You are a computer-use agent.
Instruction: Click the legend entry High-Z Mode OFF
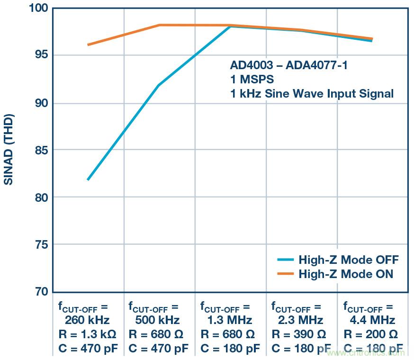click(348, 260)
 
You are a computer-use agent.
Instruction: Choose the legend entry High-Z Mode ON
click(346, 274)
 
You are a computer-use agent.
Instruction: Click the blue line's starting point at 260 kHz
click(88, 180)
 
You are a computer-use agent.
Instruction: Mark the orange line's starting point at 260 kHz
click(88, 45)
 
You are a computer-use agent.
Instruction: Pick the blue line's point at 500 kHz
click(159, 85)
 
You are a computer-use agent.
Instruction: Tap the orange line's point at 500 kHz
click(159, 25)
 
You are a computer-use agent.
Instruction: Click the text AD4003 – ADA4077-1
click(289, 65)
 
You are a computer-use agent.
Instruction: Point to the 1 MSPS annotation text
click(252, 79)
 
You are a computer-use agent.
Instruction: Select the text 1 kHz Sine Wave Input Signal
click(312, 93)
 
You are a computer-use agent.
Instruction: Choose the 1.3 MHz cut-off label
click(230, 320)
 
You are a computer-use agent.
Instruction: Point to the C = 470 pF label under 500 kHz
click(158, 349)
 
